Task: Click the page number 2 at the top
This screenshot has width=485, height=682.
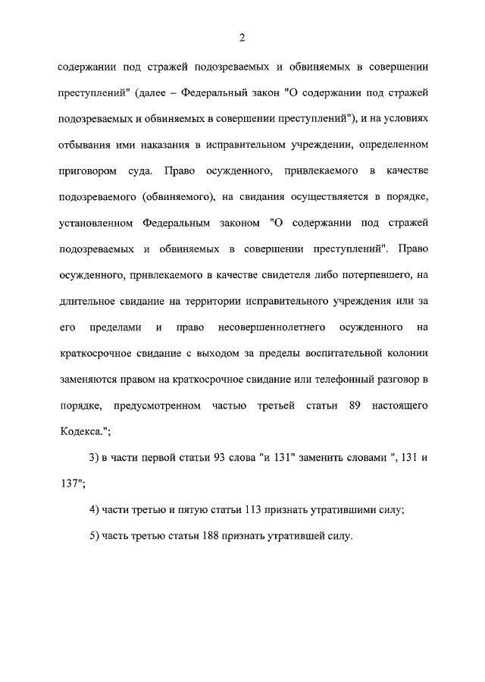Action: point(242,39)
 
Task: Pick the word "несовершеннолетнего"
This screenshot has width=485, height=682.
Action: point(282,328)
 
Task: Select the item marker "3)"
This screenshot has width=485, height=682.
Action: point(95,458)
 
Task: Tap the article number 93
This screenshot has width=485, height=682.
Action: point(219,458)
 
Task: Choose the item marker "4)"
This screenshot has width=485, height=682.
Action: point(95,511)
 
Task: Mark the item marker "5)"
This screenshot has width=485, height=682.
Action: point(95,537)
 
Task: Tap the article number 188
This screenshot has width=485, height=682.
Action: point(213,537)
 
